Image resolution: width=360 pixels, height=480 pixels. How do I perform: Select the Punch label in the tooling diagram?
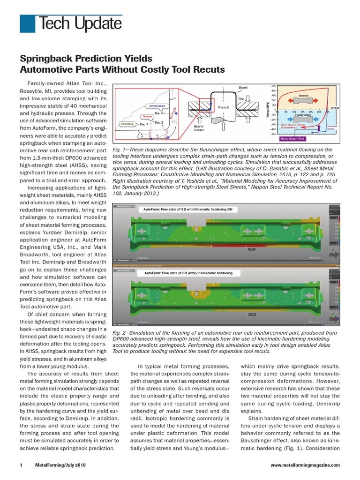pyautogui.click(x=225, y=107)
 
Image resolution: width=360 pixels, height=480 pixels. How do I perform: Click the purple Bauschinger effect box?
pyautogui.click(x=292, y=139)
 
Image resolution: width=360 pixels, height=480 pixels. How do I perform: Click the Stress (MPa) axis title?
pyautogui.click(x=267, y=111)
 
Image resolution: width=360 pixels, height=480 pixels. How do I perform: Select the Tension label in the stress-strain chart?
pyautogui.click(x=306, y=95)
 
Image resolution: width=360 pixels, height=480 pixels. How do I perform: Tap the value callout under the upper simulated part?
pyautogui.click(x=252, y=249)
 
